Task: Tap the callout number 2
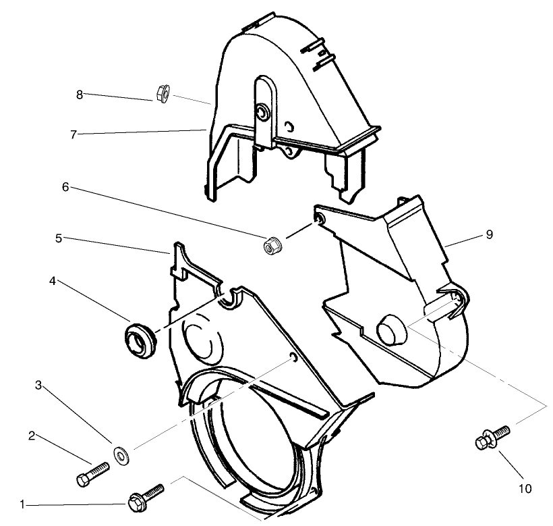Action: click(32, 436)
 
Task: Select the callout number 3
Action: click(38, 386)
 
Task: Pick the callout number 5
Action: click(59, 238)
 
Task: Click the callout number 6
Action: click(65, 187)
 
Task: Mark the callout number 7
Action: click(75, 134)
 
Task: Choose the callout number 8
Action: click(80, 95)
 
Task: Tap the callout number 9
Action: click(489, 234)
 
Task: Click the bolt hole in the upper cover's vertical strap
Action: click(260, 111)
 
